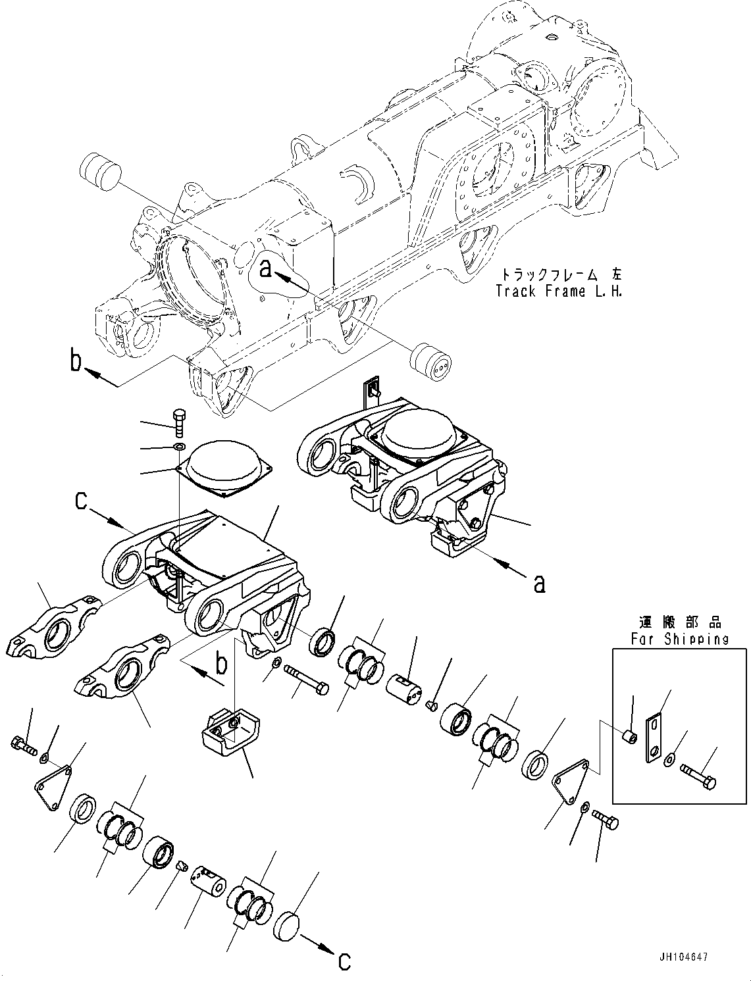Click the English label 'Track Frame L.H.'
tap(559, 291)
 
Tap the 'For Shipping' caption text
tap(679, 638)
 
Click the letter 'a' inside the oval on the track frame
tap(266, 269)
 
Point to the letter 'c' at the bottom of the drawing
tap(344, 961)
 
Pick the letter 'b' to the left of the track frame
tap(77, 362)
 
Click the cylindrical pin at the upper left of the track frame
tap(100, 170)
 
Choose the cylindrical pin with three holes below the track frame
tap(430, 364)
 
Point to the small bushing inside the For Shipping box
tap(629, 736)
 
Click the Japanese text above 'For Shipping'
tap(679, 622)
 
